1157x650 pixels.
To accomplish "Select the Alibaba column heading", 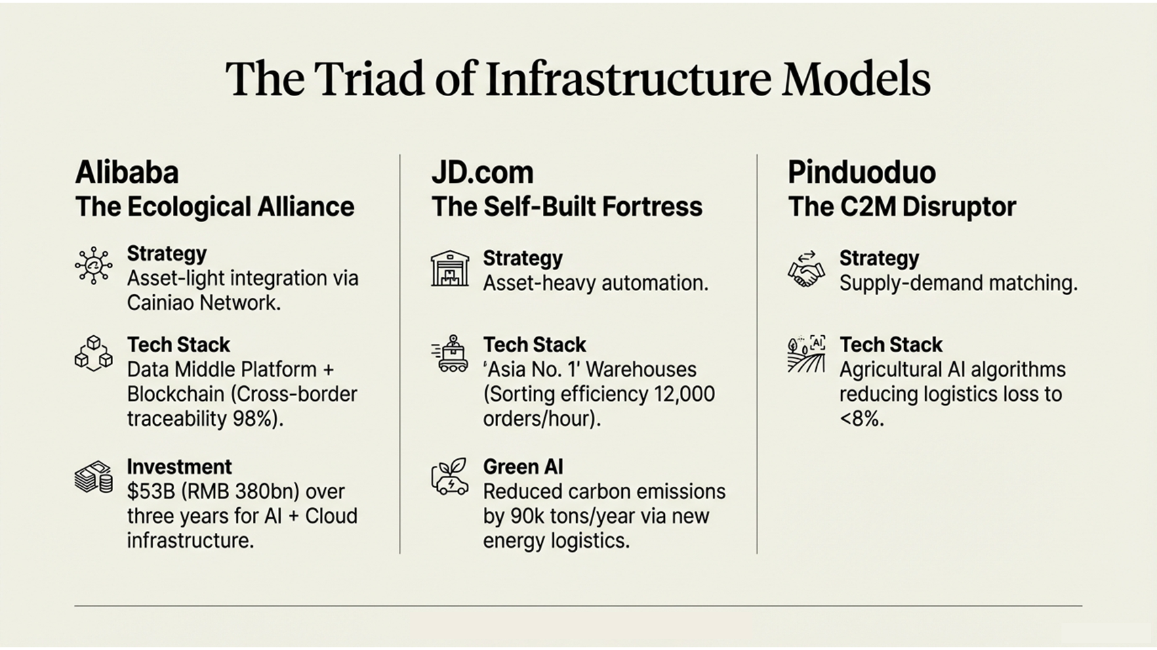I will pos(127,173).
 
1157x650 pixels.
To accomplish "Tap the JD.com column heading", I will pos(483,173).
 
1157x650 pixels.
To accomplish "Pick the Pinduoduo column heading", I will pos(861,173).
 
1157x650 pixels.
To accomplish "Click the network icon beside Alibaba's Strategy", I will pos(94,265).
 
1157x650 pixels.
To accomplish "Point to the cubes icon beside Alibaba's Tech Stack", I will pos(94,353).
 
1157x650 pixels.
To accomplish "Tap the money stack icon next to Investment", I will pos(94,477).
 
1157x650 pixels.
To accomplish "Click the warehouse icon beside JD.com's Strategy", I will pos(450,269).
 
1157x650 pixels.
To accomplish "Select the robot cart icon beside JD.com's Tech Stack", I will pos(450,353).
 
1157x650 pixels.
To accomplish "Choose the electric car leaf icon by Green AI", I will pos(450,477).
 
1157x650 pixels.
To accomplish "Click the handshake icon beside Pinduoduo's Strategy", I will pos(806,269).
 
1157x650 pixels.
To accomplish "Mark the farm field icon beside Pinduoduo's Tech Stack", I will pos(806,353).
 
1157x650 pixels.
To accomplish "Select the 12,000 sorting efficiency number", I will pos(684,394).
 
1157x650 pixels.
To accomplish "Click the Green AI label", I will pos(523,467).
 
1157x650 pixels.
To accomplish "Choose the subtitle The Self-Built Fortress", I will pos(567,207).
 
